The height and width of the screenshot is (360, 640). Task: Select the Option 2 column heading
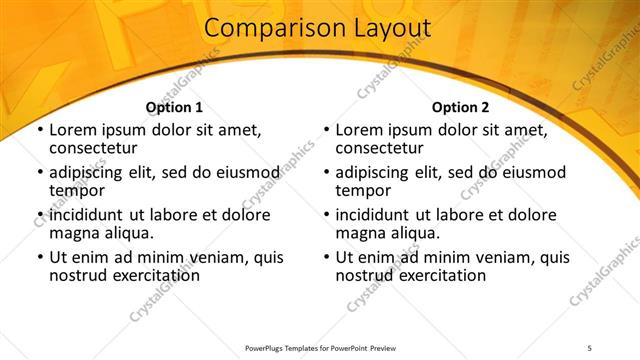point(460,107)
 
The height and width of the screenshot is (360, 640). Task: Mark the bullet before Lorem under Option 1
point(40,131)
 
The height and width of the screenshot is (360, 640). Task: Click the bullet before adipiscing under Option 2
point(327,173)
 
